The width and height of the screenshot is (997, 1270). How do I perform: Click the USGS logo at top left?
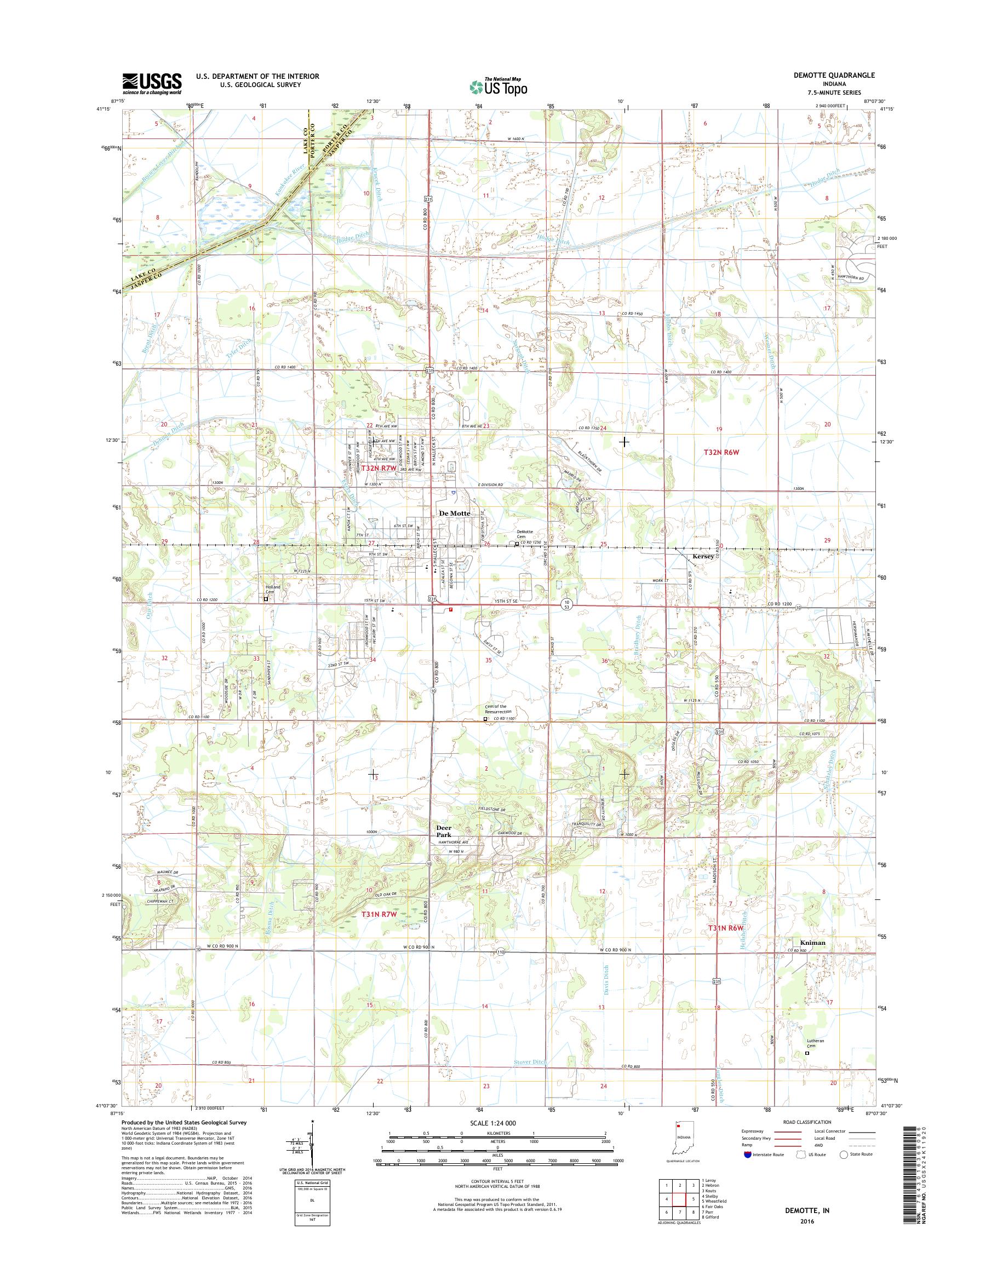pos(152,83)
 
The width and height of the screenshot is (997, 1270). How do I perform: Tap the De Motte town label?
pos(454,513)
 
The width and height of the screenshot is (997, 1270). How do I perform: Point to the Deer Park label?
pos(444,832)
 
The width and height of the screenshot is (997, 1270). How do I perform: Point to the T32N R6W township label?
pos(724,452)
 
